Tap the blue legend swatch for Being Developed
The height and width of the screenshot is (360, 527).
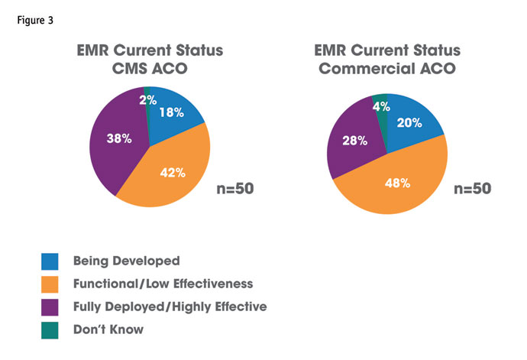pyautogui.click(x=50, y=261)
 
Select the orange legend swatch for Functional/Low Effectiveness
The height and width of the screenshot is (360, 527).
pyautogui.click(x=50, y=284)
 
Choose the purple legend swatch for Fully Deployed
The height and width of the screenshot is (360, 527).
pyautogui.click(x=50, y=307)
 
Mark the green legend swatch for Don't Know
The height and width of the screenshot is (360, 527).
pyautogui.click(x=50, y=330)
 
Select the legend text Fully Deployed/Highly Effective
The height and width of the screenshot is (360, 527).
pyautogui.click(x=170, y=307)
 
